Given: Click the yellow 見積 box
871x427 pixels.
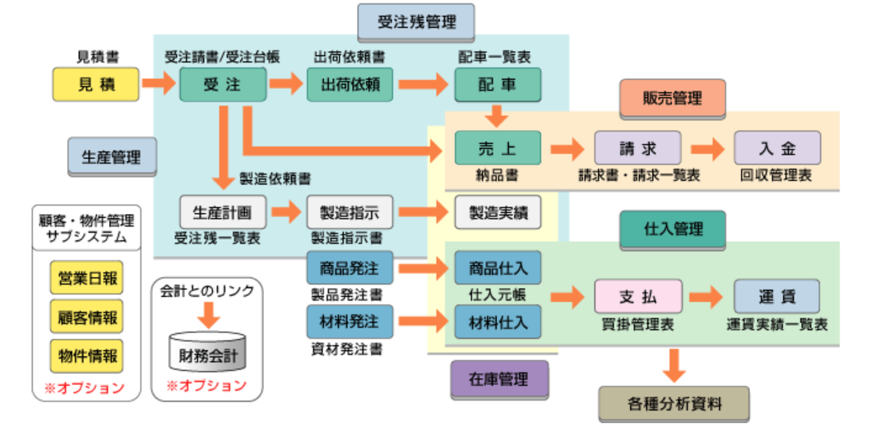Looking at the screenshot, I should (x=96, y=84).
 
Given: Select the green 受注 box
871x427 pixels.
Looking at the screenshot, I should (x=222, y=84).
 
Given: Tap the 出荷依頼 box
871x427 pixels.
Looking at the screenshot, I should (x=350, y=84).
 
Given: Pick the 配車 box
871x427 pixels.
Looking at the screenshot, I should (x=498, y=84).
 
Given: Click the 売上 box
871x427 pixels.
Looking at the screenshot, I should (x=498, y=148).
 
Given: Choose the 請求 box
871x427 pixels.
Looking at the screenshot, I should (x=637, y=148).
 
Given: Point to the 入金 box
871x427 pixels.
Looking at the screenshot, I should (x=777, y=148).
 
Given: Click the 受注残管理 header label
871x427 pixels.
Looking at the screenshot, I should (x=416, y=22).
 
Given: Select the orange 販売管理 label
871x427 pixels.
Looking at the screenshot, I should (x=672, y=98).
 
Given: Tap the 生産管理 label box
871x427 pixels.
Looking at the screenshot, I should (x=111, y=156).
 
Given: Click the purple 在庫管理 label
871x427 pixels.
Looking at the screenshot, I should (x=499, y=379).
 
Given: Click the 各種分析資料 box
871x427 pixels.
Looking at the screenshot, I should (x=674, y=404).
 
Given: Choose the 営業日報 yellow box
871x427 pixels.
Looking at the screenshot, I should (x=86, y=278).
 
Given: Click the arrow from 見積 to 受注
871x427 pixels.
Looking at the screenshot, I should (x=158, y=83).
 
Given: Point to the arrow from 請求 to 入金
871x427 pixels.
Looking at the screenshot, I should (x=707, y=148).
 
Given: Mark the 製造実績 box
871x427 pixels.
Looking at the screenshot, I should (x=498, y=212).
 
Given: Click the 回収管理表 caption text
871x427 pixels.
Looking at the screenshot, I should (x=776, y=175).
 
